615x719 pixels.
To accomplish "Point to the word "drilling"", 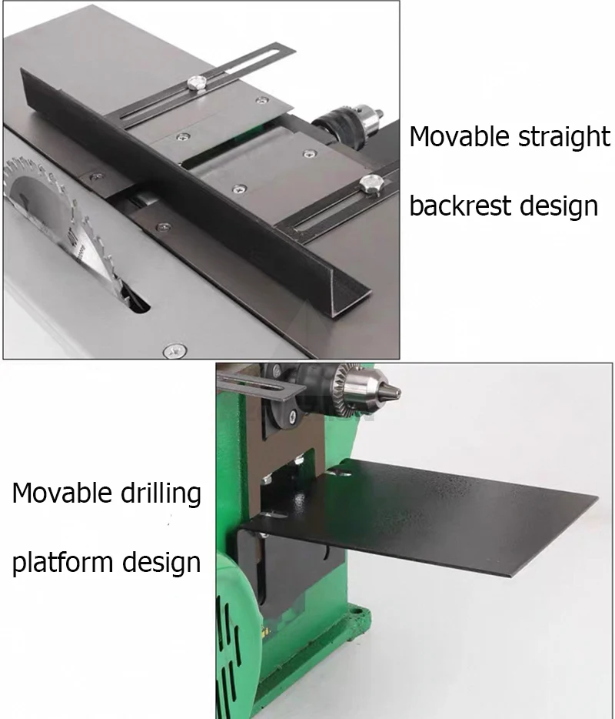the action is click(x=161, y=494).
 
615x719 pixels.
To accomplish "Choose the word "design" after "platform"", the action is click(x=161, y=563).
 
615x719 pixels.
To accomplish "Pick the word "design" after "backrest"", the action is click(x=559, y=206).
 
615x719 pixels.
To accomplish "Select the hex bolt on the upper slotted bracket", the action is click(x=197, y=83).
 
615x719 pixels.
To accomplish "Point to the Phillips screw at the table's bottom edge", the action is click(x=175, y=351).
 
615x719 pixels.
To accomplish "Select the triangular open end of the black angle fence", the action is click(x=351, y=299).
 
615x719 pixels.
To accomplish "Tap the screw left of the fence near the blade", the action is click(x=96, y=176).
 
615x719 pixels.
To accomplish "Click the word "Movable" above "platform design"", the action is click(x=62, y=493).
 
